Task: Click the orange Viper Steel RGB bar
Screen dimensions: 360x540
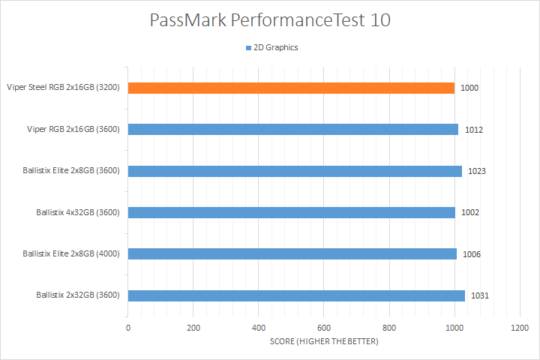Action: [291, 88]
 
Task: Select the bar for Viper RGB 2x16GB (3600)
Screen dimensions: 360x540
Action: [292, 129]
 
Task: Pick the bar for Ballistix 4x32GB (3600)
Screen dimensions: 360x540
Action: [291, 212]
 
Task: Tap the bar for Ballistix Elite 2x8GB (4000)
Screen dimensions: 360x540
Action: [292, 253]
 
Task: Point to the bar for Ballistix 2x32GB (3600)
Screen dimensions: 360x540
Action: [296, 295]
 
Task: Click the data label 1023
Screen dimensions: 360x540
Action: [476, 171]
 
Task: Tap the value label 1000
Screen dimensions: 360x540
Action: [469, 88]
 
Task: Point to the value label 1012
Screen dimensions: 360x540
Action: [473, 130]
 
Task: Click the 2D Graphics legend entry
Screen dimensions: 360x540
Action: [271, 47]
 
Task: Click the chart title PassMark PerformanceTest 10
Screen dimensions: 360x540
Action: [270, 20]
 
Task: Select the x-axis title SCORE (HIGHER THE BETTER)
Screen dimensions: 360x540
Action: [324, 342]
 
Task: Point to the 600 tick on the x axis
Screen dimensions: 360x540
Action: [324, 328]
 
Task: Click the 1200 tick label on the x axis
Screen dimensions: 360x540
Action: [519, 328]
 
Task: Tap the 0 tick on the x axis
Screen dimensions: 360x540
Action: [128, 328]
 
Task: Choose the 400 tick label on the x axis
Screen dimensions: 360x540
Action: [259, 328]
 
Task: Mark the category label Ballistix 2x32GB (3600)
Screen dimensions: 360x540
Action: [79, 295]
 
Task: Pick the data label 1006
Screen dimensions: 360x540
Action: [471, 254]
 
